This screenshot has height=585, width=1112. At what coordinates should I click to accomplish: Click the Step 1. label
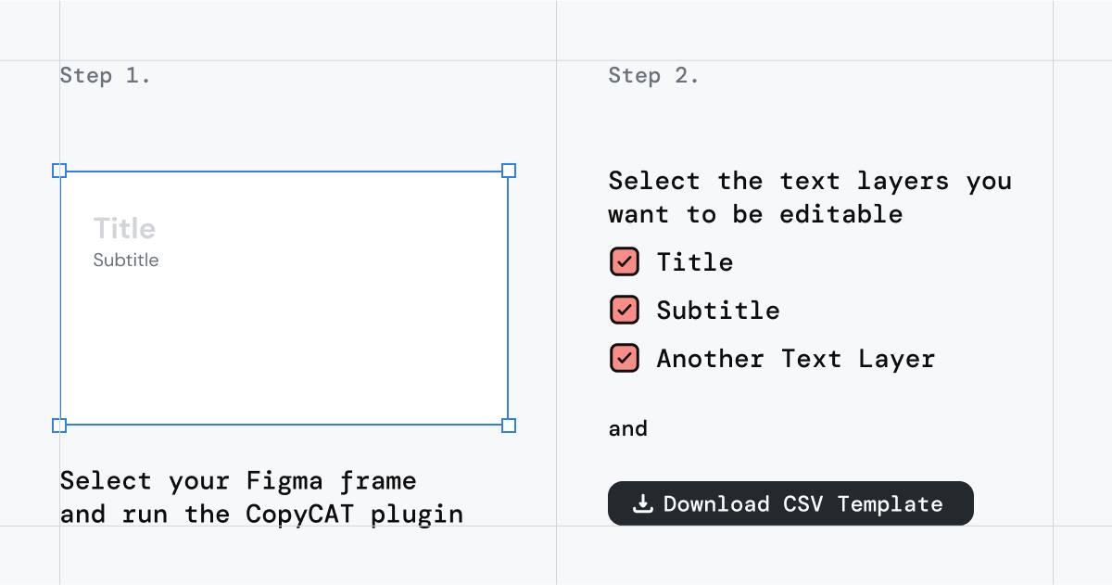[105, 76]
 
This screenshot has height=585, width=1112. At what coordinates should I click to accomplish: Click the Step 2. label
[653, 76]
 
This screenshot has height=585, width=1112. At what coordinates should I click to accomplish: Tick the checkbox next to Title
[625, 261]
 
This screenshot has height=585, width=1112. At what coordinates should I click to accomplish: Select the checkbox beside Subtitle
[625, 310]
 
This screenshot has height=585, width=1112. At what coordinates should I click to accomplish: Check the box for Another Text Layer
[625, 358]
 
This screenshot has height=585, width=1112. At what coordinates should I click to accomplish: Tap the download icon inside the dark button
[642, 503]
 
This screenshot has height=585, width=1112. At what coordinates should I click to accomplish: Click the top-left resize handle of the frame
[59, 171]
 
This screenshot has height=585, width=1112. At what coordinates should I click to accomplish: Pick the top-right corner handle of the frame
[509, 171]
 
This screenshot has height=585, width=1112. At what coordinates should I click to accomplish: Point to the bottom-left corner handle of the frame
[59, 426]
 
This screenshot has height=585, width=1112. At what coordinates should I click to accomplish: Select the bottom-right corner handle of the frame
[509, 426]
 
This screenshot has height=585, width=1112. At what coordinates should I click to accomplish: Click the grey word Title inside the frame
[124, 228]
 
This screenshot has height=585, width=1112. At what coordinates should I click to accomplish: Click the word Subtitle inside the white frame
[126, 261]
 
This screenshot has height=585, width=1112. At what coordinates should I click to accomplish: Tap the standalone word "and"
[628, 428]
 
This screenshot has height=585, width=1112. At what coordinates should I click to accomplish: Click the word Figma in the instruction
[284, 481]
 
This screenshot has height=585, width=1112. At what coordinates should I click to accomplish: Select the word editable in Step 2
[841, 214]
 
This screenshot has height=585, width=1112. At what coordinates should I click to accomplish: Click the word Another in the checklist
[711, 359]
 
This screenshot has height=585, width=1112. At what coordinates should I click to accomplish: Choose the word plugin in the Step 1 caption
[417, 515]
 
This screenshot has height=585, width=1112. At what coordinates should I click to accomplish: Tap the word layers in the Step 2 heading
[903, 182]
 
